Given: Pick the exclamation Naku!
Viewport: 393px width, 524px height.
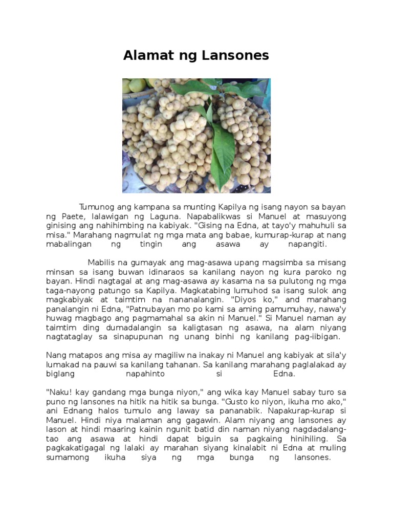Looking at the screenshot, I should point(57,392).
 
